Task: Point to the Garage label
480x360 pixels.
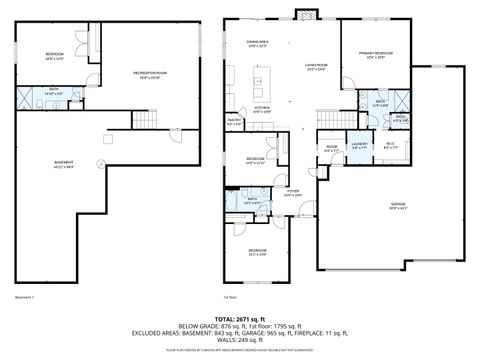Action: click(x=398, y=206)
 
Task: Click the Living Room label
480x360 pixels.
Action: click(x=317, y=67)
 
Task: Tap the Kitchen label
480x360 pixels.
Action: click(x=261, y=109)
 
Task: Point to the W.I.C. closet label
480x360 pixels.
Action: click(x=391, y=145)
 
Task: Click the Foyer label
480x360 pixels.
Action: click(x=293, y=192)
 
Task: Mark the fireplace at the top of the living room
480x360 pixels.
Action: click(x=305, y=15)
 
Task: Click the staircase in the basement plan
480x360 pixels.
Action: click(x=146, y=120)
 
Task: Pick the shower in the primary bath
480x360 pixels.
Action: click(x=398, y=101)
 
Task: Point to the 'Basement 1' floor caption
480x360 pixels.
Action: click(x=25, y=296)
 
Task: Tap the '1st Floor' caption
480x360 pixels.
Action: click(x=231, y=296)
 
